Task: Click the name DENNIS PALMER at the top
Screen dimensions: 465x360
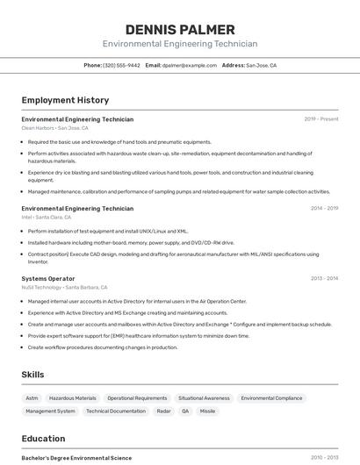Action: pyautogui.click(x=180, y=30)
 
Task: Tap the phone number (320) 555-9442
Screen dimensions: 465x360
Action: pyautogui.click(x=121, y=65)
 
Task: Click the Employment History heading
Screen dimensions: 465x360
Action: pyautogui.click(x=65, y=100)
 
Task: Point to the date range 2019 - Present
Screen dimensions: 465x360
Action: pyautogui.click(x=321, y=118)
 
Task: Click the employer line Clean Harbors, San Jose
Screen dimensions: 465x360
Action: pyautogui.click(x=54, y=127)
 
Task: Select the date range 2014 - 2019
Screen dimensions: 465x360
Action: pyautogui.click(x=324, y=208)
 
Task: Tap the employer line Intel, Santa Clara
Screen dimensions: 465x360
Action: pyautogui.click(x=47, y=217)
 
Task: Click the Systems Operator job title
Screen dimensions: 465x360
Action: pyautogui.click(x=48, y=278)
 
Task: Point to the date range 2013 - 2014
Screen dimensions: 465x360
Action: pyautogui.click(x=324, y=278)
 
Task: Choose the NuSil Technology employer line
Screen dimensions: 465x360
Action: pyautogui.click(x=64, y=287)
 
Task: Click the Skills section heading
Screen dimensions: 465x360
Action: pyautogui.click(x=32, y=375)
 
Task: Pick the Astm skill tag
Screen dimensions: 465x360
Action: pyautogui.click(x=32, y=397)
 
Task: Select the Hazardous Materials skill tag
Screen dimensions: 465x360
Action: pyautogui.click(x=73, y=397)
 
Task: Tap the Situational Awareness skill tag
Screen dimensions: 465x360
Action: pyautogui.click(x=204, y=397)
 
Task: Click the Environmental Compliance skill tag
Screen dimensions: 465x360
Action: pyautogui.click(x=271, y=397)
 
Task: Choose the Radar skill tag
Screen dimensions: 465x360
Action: pyautogui.click(x=163, y=411)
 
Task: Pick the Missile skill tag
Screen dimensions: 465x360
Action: pyautogui.click(x=207, y=411)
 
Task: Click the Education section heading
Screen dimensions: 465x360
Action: pyautogui.click(x=43, y=439)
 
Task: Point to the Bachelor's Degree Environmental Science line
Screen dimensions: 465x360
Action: pyautogui.click(x=76, y=458)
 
